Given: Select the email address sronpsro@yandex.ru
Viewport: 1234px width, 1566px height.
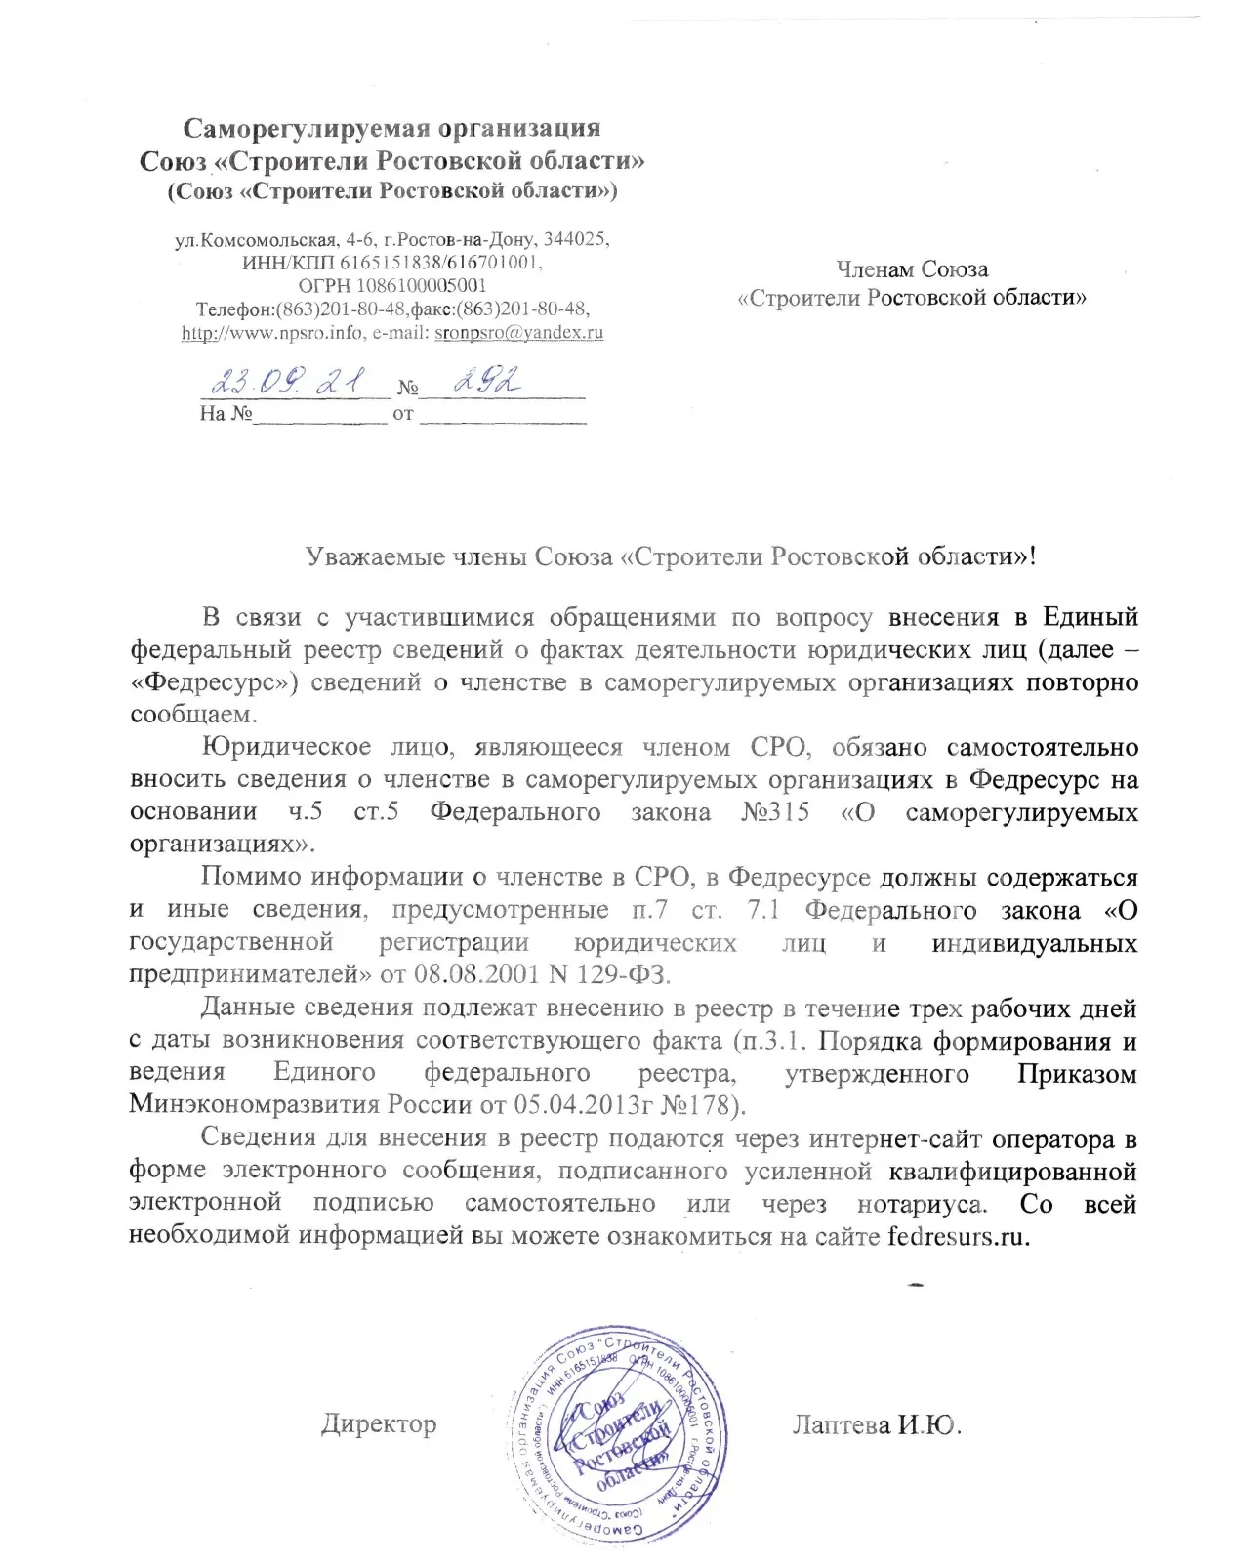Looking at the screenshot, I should [x=518, y=332].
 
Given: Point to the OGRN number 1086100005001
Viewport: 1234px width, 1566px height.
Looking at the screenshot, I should [x=421, y=286].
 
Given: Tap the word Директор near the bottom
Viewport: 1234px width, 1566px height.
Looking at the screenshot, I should [x=379, y=1423].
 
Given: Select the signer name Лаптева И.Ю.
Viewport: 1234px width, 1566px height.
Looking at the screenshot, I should [x=877, y=1425].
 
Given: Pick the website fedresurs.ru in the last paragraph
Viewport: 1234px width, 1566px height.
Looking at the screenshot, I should [x=958, y=1236].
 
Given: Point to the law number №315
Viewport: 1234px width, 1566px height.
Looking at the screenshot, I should [x=775, y=812].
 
